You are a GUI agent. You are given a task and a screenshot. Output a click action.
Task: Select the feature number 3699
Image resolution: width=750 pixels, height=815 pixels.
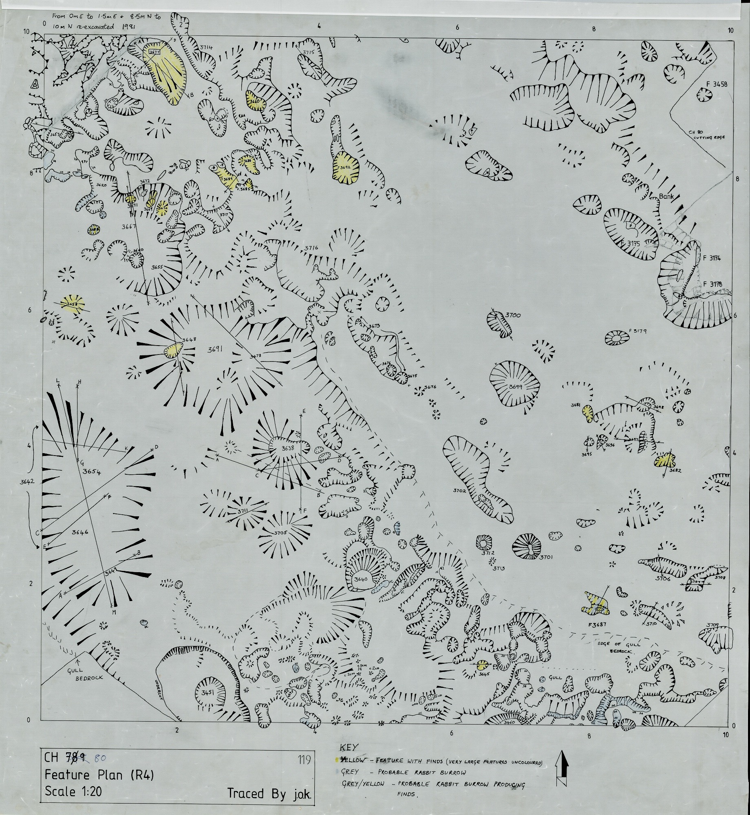coord(516,387)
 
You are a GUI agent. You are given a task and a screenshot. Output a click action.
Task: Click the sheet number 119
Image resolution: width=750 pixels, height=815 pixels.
coord(304,760)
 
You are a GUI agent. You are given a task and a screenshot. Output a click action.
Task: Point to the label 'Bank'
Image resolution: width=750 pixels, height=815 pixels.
coord(667,196)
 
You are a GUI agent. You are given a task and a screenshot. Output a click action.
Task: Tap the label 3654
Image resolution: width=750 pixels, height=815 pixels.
coord(91,472)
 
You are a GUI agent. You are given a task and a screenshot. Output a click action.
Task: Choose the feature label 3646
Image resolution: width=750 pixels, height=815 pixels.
coord(80,533)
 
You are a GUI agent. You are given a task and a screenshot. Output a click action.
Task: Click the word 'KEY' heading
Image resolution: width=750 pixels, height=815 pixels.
coord(347,747)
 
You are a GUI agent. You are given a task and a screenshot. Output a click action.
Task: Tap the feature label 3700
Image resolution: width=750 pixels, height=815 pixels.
coord(513,315)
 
